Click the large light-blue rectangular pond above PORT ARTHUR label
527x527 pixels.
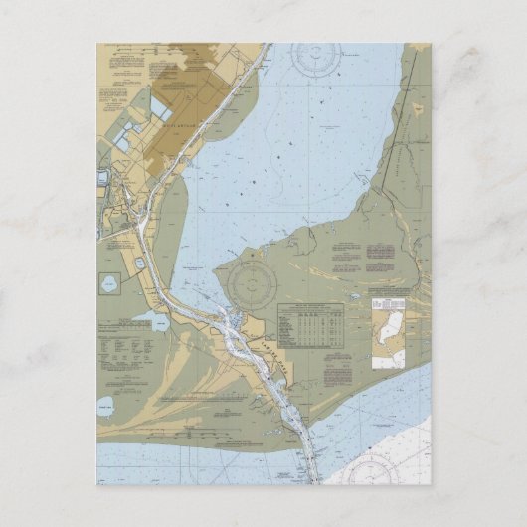[163, 103]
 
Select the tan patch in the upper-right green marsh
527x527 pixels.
[417, 104]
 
